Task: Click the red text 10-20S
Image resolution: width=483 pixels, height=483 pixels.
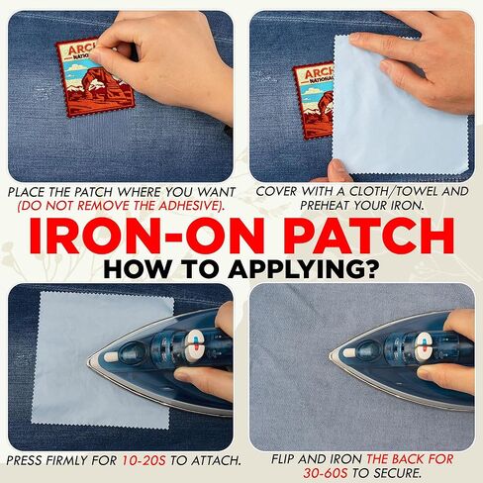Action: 144,460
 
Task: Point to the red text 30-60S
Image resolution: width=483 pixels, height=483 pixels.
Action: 326,473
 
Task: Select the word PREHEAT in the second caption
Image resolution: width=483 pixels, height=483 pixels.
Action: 325,205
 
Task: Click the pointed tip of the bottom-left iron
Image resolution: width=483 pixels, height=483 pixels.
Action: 88,363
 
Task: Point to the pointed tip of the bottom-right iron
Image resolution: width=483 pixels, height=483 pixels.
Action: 331,355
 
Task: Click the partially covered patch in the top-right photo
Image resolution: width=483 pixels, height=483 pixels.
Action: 314,101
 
